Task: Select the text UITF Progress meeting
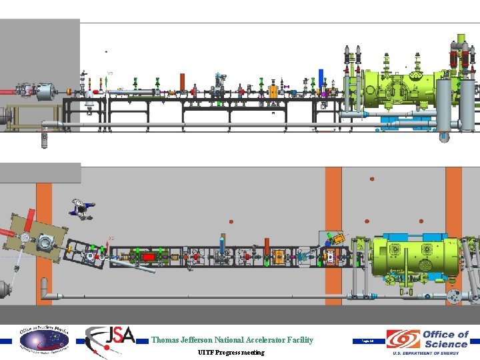[x=231, y=352]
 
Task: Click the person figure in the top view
[x=81, y=207]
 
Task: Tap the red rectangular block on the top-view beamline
[x=148, y=256]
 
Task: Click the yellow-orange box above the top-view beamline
[x=339, y=237]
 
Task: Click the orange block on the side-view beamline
[x=273, y=90]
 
